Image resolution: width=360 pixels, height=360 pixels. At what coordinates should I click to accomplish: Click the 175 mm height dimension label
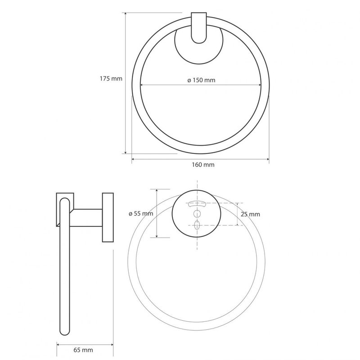tap(111, 79)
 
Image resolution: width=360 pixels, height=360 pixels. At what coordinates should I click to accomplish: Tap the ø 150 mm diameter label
tap(201, 80)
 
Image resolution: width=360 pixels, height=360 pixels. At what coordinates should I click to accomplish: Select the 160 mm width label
tap(203, 165)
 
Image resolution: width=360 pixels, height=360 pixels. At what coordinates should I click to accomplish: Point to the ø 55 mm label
tap(141, 213)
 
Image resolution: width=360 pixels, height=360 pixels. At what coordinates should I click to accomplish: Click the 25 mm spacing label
tap(251, 214)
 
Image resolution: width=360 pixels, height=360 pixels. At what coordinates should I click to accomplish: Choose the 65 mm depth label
tap(83, 350)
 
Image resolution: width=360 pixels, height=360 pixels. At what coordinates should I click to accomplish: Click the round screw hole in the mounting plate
tap(197, 214)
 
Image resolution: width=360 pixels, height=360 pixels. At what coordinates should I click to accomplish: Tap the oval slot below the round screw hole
tap(197, 225)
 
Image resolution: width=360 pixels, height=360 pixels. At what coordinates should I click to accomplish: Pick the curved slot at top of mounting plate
tap(197, 203)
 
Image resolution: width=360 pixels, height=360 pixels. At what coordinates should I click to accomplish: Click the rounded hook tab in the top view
tap(199, 28)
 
